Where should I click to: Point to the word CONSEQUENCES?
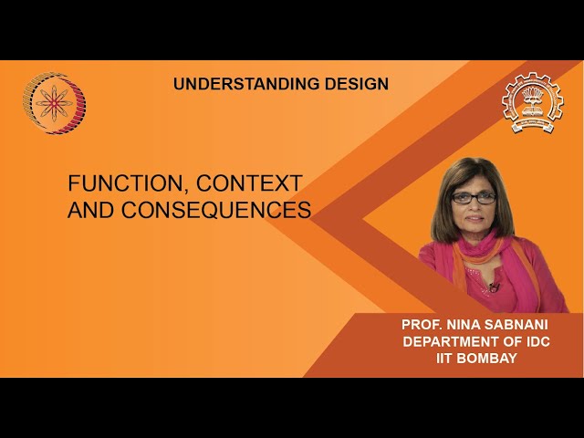point(216,210)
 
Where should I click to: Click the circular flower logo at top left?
point(54,103)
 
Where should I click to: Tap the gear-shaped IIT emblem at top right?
point(532,103)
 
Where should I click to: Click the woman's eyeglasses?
point(474,197)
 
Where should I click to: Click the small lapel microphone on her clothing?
point(494,287)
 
